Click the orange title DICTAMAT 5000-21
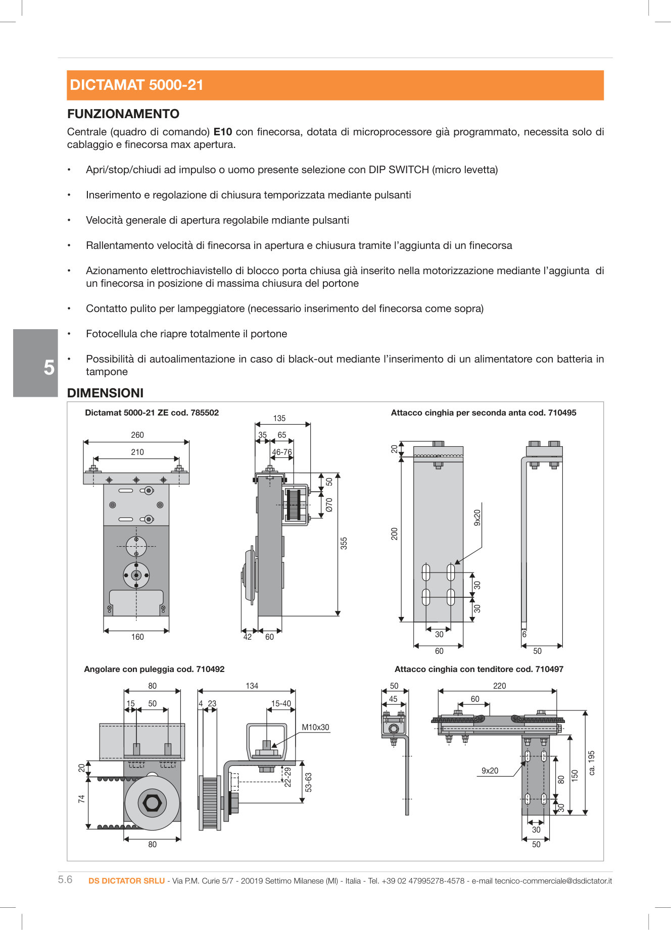(136, 85)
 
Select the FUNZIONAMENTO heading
(123, 114)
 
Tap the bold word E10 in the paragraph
(222, 132)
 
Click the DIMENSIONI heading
(105, 393)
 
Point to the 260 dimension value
(137, 435)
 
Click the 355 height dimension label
(344, 543)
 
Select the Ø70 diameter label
(329, 504)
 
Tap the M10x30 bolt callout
(315, 728)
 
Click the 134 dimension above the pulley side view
(252, 686)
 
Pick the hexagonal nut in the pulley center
(152, 803)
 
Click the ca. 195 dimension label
(592, 763)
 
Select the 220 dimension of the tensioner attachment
(499, 686)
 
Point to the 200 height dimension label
(395, 534)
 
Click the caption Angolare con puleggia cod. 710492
(154, 669)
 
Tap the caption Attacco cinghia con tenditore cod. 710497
(478, 669)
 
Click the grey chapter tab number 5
(49, 368)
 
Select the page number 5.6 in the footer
(65, 880)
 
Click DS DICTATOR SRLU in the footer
(126, 881)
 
